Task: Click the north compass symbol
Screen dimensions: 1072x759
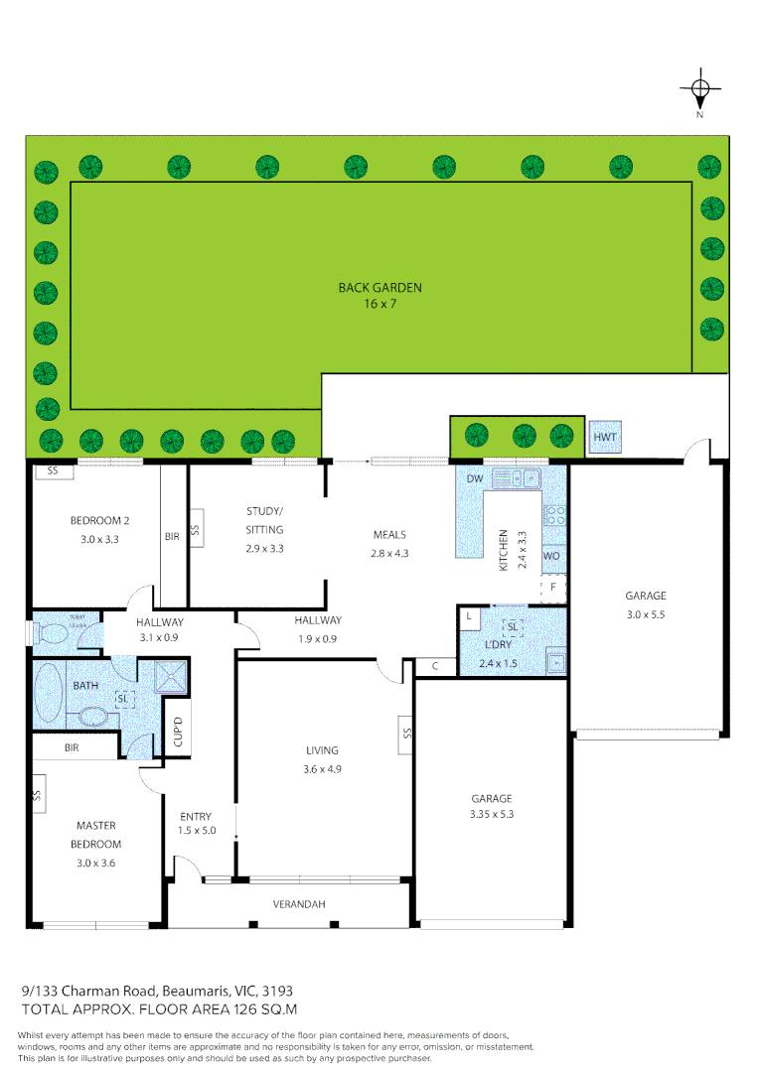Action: (699, 91)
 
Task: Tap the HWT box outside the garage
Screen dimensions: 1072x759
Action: (604, 437)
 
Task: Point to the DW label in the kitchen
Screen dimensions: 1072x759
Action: (475, 479)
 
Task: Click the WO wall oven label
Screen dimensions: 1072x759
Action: (551, 556)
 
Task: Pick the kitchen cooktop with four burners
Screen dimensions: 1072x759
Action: (555, 516)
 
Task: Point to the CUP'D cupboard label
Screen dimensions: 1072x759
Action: (179, 733)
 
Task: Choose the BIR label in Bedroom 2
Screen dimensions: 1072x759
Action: (172, 536)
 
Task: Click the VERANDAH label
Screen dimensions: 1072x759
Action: (299, 903)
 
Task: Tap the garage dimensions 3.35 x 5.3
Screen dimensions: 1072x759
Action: (492, 814)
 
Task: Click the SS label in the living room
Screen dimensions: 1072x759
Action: (405, 734)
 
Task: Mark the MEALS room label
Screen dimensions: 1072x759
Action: (389, 535)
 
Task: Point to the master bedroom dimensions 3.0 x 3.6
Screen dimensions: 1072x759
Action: (96, 863)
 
